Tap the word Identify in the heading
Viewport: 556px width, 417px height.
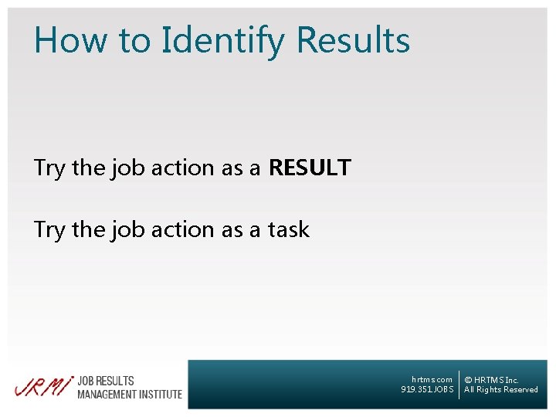(x=224, y=40)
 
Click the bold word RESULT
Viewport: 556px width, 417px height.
(x=310, y=168)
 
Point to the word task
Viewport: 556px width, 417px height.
(x=288, y=229)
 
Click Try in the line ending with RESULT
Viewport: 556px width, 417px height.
(x=49, y=168)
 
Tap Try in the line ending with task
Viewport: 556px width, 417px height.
(x=49, y=230)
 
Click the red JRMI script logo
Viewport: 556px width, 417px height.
(x=43, y=386)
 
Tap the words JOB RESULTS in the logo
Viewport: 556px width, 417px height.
(x=106, y=381)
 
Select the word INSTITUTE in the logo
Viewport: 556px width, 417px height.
(x=161, y=394)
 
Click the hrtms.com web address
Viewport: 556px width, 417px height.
(x=432, y=379)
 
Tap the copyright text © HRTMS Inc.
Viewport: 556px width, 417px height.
(x=491, y=380)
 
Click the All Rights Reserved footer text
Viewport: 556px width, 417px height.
(x=500, y=390)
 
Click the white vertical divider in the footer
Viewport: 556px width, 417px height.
(x=459, y=384)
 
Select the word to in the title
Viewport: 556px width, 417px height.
(x=139, y=40)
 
